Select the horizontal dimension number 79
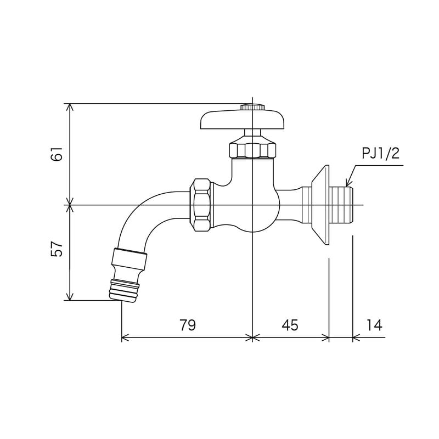point(187,325)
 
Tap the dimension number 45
point(290,325)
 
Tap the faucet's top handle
point(242,120)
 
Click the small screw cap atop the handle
point(252,106)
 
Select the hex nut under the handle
point(252,149)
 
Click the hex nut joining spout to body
point(201,205)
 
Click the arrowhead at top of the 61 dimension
point(70,107)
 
